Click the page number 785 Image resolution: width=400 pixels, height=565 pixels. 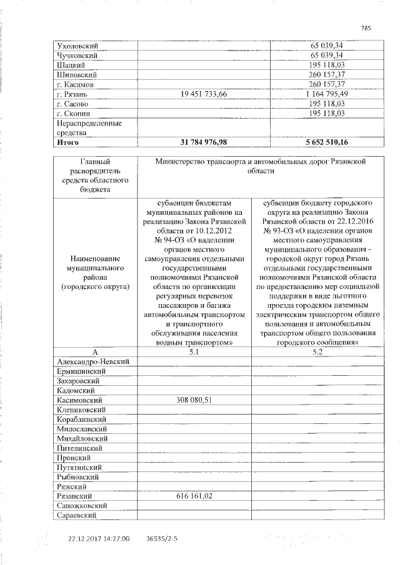[x=366, y=28]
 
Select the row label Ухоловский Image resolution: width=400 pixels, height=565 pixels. [x=78, y=46]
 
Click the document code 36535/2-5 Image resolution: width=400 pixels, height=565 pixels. [x=161, y=538]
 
